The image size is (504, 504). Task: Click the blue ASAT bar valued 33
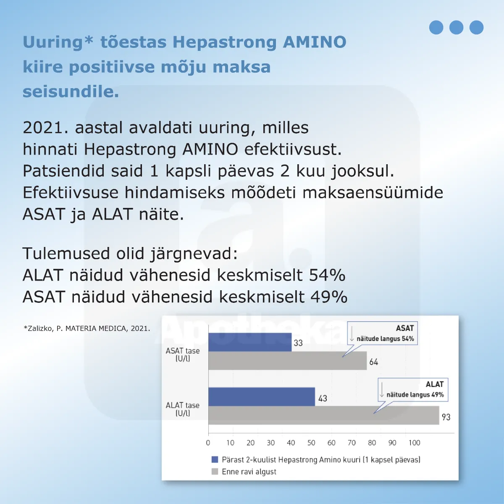click(250, 342)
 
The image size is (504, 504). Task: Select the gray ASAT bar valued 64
click(287, 361)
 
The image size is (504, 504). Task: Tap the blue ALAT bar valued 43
click(261, 396)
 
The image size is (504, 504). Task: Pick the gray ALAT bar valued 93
click(323, 415)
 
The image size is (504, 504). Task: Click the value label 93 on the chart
click(446, 417)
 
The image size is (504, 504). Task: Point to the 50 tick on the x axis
click(311, 443)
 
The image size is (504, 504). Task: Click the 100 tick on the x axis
click(414, 443)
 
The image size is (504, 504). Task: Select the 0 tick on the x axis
click(208, 443)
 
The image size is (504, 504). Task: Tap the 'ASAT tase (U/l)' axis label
click(183, 354)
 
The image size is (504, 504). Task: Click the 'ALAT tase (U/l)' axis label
click(183, 409)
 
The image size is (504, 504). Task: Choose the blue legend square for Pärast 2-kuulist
click(215, 459)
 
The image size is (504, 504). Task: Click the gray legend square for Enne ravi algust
click(215, 472)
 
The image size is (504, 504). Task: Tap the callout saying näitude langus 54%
click(383, 334)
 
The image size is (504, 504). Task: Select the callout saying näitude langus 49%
click(413, 390)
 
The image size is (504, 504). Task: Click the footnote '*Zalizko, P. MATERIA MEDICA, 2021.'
click(87, 328)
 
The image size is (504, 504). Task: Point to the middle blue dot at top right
click(456, 27)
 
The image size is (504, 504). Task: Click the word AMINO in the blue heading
click(315, 42)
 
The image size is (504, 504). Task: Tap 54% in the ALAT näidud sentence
click(327, 276)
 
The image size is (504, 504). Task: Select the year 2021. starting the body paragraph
click(45, 128)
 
